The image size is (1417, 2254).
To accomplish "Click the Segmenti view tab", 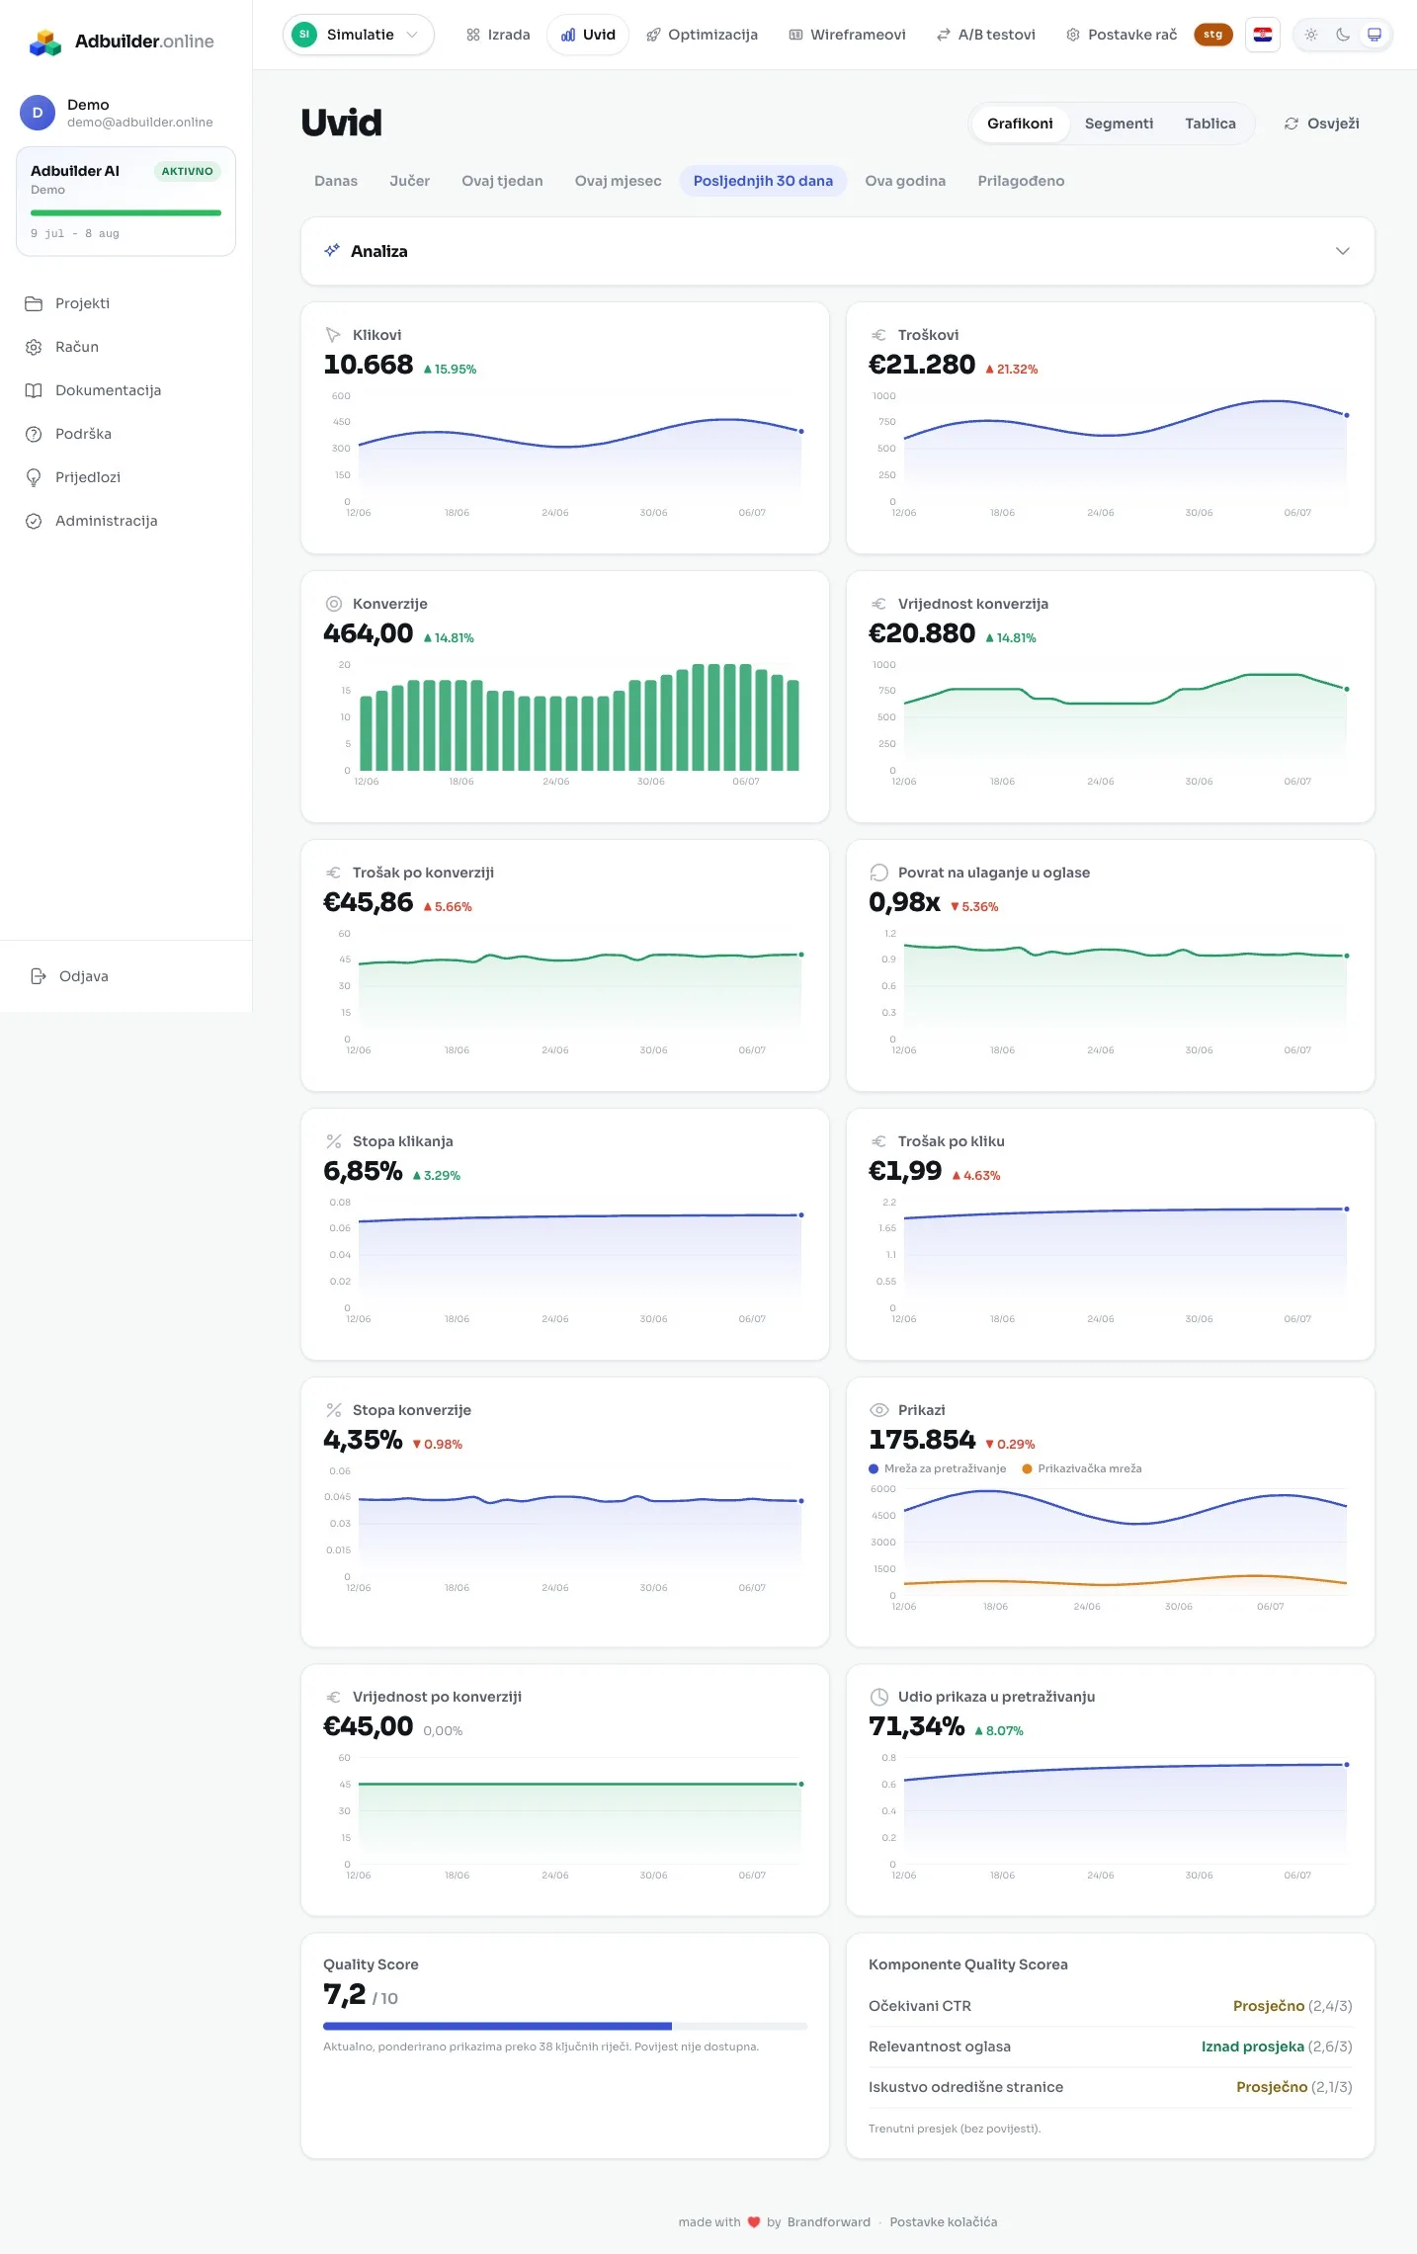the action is [1119, 124].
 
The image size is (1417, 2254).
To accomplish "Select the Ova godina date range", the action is [905, 181].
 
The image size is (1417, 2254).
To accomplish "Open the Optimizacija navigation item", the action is [702, 35].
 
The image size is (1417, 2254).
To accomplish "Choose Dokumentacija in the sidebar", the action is [108, 390].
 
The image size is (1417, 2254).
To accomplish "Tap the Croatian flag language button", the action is [1263, 35].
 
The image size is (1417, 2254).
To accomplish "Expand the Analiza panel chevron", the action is [1342, 251].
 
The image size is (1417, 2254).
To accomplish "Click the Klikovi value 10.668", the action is [369, 365].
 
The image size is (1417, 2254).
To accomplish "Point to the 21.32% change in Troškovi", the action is [1012, 370].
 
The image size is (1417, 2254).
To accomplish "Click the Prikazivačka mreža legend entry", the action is [1082, 1468].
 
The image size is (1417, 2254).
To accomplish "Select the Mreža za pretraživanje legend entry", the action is [938, 1468].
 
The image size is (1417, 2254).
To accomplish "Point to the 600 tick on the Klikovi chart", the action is [341, 396].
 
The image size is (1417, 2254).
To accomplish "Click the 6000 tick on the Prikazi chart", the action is [883, 1489].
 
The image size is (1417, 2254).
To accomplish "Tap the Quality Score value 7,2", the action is [344, 1994].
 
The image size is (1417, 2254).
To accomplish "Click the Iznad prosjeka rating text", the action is [1252, 2046].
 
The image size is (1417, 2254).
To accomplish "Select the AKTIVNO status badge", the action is [187, 171].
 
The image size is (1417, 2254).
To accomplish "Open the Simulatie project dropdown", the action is [359, 35].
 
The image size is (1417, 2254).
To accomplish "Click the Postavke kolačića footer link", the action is [944, 2221].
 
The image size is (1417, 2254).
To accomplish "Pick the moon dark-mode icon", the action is [1343, 35].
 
